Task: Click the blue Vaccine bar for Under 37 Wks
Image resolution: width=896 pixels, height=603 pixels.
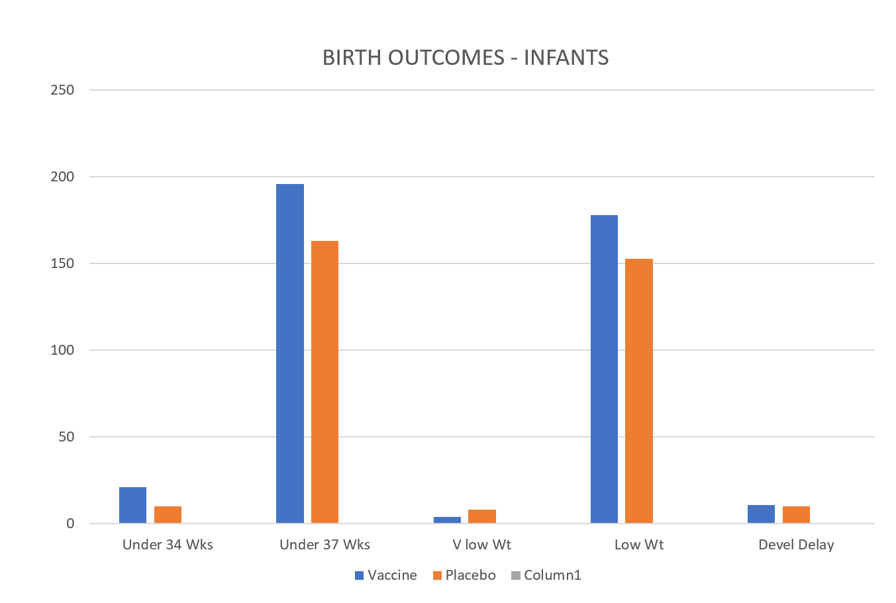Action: pos(290,353)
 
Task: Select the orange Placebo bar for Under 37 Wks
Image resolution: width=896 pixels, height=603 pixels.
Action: pos(324,382)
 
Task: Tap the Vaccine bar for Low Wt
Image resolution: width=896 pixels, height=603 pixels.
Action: pos(605,369)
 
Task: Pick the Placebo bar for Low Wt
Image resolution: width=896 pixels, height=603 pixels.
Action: pos(639,391)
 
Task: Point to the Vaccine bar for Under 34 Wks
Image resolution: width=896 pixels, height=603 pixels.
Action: pos(133,505)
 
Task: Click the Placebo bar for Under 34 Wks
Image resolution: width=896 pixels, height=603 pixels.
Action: pos(168,514)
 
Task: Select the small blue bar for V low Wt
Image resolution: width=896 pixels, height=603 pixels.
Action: pos(447,520)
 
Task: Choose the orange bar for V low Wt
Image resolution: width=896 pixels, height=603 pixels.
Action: pos(482,516)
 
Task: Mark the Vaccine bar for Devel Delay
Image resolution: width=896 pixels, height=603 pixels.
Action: pos(761,514)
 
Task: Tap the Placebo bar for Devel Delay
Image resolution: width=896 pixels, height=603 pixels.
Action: pos(797,514)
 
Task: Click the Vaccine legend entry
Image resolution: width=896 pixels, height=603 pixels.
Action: pos(386,575)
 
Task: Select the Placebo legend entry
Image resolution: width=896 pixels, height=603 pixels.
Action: pos(464,575)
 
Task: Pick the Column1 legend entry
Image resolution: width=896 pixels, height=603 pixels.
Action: pos(546,575)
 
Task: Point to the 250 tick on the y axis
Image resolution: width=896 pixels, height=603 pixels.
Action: pos(62,90)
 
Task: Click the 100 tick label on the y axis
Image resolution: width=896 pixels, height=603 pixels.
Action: pos(62,350)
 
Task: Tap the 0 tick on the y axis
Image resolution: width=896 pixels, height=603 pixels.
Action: pos(70,524)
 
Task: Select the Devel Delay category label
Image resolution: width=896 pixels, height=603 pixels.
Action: pos(797,545)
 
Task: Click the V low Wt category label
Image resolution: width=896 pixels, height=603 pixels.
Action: pos(482,545)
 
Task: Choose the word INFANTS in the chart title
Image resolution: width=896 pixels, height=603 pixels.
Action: pos(566,58)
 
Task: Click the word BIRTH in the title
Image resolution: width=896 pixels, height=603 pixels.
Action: pos(352,58)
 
